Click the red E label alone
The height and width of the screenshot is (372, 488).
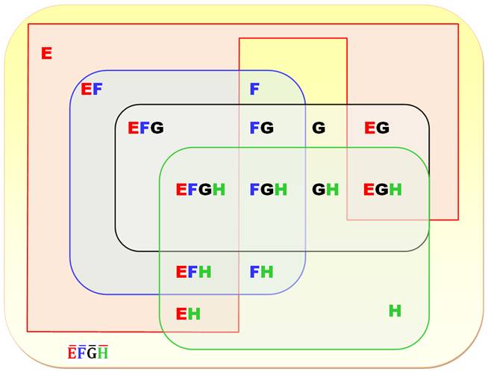coord(46,53)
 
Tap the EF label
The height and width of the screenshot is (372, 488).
coord(92,90)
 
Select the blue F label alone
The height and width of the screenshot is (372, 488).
coord(254,90)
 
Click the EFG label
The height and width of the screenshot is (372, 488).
coord(145,128)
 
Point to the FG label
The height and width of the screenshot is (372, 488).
coord(261,128)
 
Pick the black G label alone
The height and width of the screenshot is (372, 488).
coord(319,128)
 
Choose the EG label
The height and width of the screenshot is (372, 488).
coord(377,128)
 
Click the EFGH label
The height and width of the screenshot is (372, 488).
coord(200,190)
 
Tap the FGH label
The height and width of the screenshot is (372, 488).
coord(268,190)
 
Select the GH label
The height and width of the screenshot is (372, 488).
coord(325,190)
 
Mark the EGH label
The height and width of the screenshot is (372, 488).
coord(383,190)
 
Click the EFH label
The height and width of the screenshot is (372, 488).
coord(193,272)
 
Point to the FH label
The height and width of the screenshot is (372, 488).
coord(261,272)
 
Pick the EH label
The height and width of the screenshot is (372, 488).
coord(187,314)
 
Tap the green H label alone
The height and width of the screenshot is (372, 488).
coord(395,311)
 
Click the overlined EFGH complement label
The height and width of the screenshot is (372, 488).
coord(88,353)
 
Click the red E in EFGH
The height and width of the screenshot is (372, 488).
coord(181,190)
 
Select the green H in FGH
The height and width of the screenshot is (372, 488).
coord(281,190)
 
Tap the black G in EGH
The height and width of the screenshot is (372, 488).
coord(382,190)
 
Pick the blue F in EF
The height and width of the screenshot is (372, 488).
coord(98,90)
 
